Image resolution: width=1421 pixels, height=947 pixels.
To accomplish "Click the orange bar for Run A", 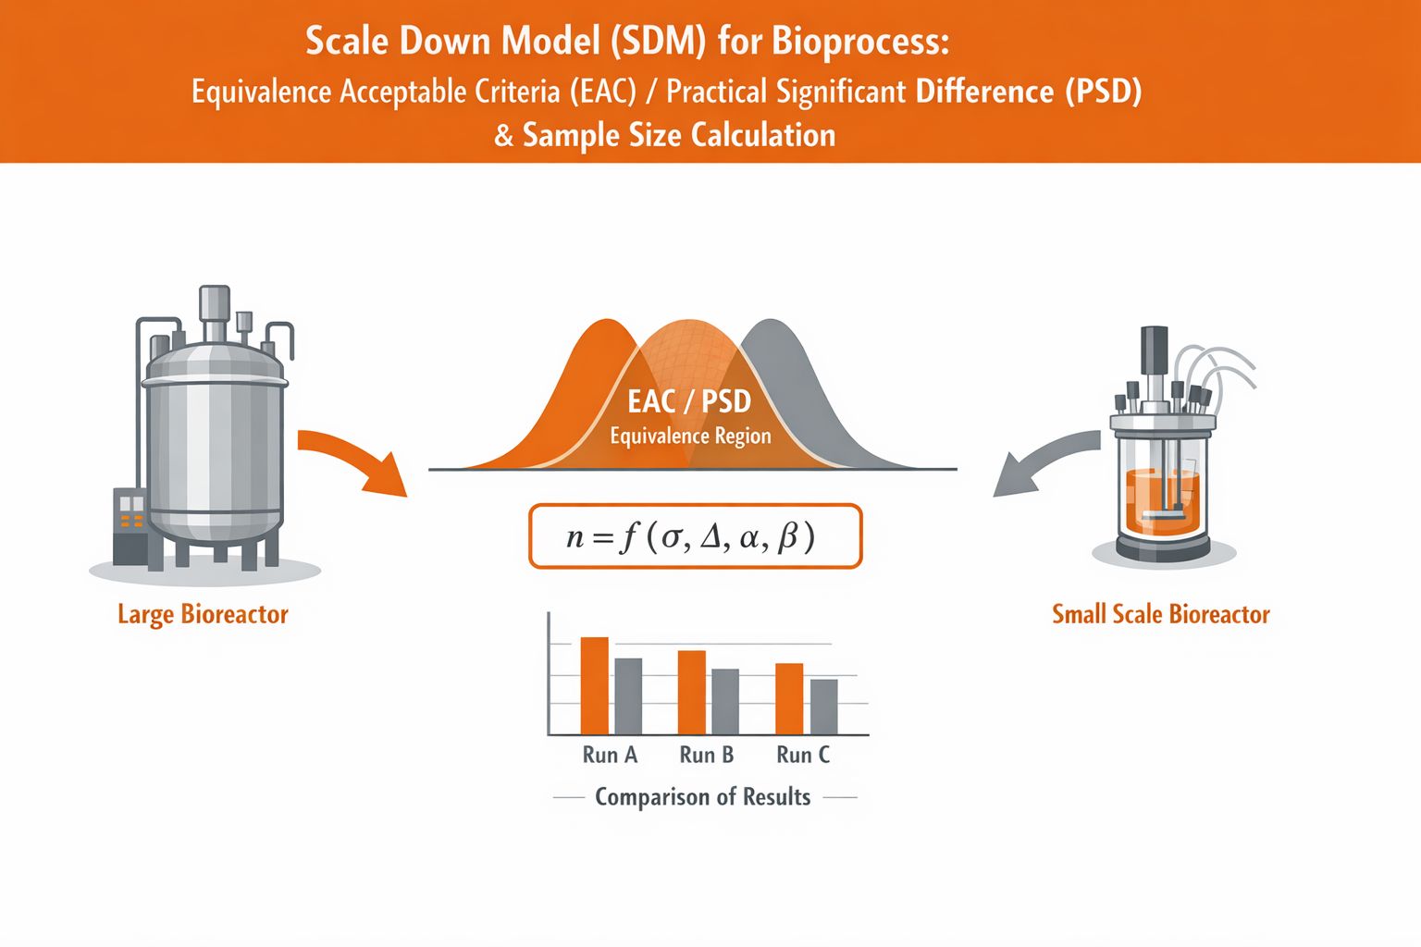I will click(594, 685).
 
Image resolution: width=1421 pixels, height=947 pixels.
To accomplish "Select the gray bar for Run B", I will click(724, 701).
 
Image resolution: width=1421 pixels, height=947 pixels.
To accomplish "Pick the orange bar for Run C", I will click(789, 698).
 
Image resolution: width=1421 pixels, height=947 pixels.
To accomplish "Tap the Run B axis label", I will click(706, 755).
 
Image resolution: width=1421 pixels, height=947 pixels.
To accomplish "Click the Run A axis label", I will click(610, 755).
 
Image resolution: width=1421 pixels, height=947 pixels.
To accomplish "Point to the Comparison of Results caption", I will click(702, 796).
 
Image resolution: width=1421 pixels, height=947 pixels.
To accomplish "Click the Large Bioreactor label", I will click(203, 614).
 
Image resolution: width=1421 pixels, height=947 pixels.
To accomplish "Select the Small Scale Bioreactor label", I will click(1160, 614).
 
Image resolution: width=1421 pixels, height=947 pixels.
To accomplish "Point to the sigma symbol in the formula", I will click(671, 537).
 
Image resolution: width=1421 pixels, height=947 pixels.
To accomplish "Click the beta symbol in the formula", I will click(788, 537).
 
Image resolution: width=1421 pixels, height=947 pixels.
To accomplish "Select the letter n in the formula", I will click(575, 537).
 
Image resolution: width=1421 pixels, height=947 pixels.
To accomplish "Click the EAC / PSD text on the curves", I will click(689, 401).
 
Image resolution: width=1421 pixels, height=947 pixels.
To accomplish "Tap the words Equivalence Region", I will click(690, 436).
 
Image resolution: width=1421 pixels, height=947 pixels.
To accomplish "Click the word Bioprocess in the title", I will click(860, 42).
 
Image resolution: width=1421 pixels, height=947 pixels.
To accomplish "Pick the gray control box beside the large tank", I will click(130, 525).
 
